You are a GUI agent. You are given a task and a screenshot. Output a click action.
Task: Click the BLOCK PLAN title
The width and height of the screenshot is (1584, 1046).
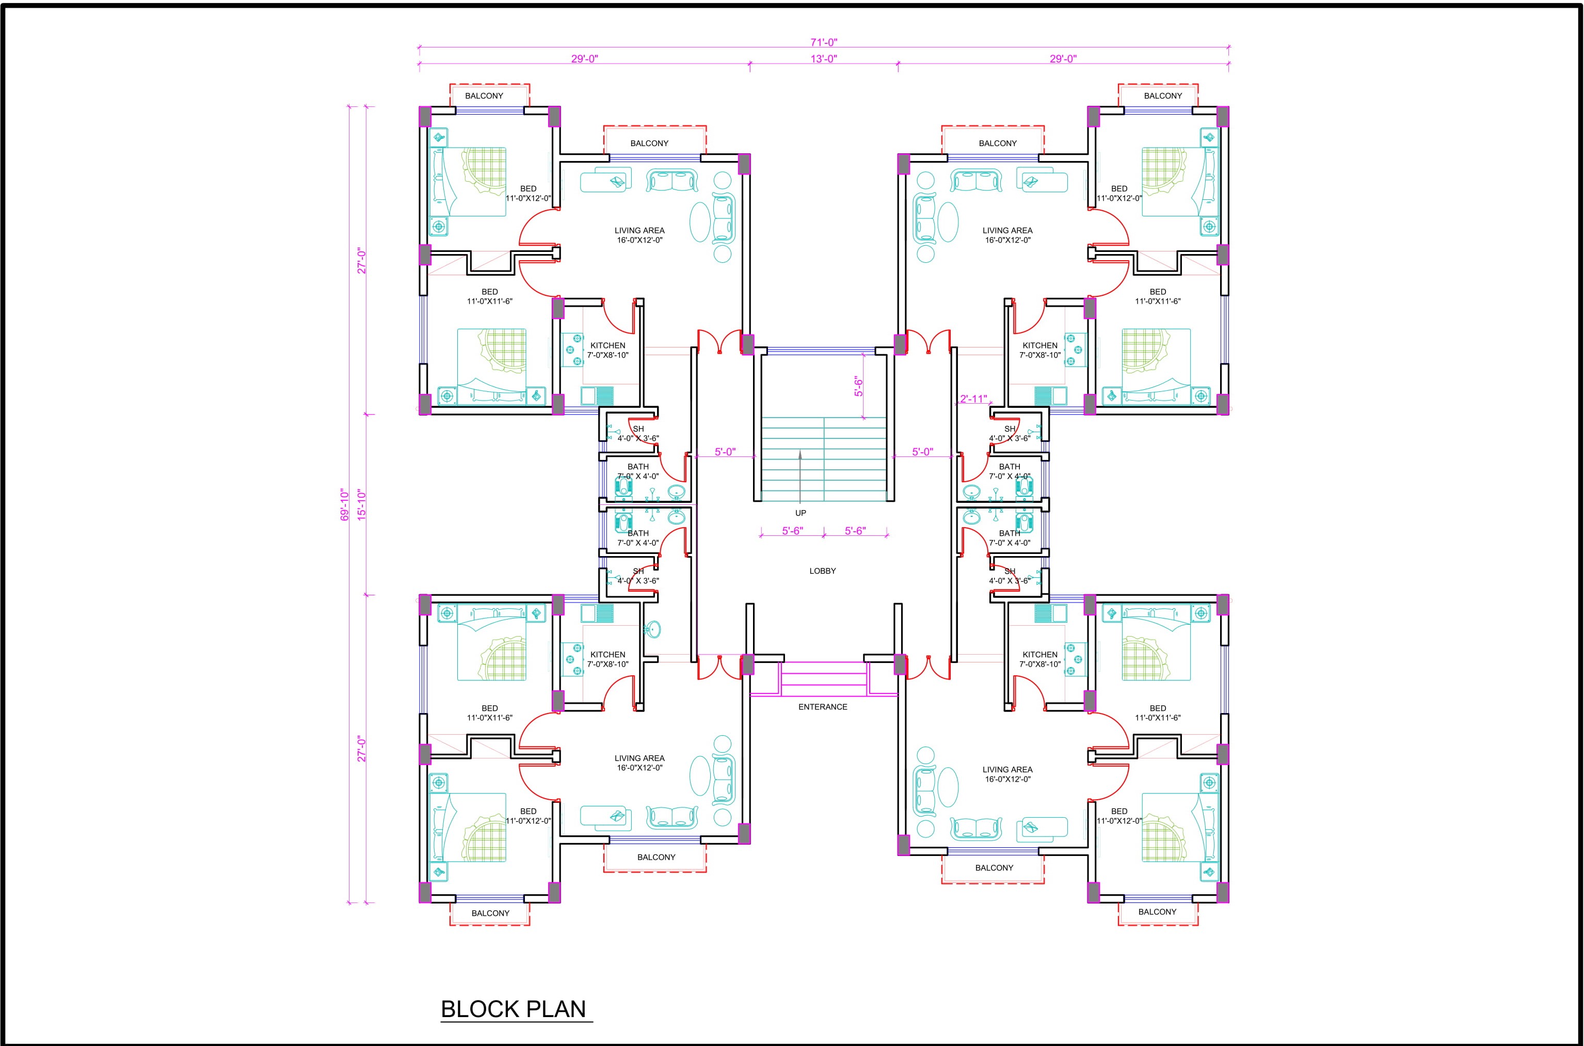click(x=514, y=1009)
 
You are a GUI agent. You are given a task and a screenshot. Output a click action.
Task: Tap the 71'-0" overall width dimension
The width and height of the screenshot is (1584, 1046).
click(x=824, y=42)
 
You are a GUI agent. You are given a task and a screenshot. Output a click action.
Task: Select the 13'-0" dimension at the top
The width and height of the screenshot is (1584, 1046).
click(x=824, y=59)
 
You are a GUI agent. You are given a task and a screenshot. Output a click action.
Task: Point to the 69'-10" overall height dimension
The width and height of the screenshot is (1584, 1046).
click(x=345, y=505)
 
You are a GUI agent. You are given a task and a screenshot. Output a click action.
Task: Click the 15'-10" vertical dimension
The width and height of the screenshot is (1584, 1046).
click(x=361, y=505)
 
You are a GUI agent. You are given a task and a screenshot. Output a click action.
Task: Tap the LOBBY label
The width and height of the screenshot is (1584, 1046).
click(x=822, y=571)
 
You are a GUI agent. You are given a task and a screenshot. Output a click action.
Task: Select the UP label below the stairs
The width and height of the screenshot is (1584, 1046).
click(x=801, y=513)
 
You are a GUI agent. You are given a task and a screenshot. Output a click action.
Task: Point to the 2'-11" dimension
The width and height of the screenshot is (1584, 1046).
click(x=973, y=399)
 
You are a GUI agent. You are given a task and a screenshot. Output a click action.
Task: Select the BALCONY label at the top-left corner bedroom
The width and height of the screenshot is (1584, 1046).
click(x=484, y=96)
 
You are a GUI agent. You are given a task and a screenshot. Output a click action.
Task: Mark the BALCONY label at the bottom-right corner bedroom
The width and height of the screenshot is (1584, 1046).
click(x=1157, y=912)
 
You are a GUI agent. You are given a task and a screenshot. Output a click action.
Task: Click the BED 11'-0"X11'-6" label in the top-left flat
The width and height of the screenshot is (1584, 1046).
click(x=489, y=296)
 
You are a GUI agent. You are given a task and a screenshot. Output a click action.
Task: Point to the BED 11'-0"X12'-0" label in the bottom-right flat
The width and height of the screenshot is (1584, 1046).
click(x=1119, y=816)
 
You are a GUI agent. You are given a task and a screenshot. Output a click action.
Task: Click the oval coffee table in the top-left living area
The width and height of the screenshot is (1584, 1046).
click(x=700, y=221)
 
